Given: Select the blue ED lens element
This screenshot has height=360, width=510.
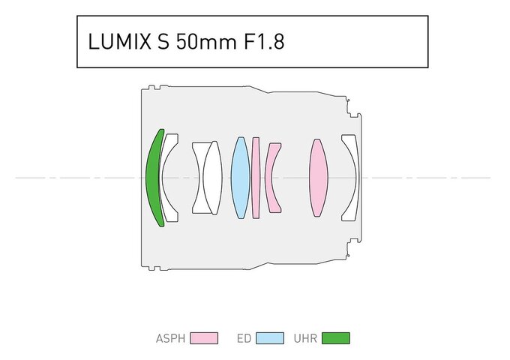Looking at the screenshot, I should coord(240,178).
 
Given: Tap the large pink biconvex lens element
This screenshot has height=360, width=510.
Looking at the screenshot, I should coord(319,178).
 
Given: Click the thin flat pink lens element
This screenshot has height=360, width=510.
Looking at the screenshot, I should coord(256,178).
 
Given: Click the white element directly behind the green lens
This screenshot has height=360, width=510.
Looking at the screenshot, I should coord(169,178).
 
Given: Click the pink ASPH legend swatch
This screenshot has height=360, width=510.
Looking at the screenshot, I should coord(204,338).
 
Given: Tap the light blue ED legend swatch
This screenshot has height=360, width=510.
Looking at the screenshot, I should coord(270,338).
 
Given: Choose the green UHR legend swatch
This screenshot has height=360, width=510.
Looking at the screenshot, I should coord(335,338).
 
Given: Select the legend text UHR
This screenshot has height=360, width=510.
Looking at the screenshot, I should coord(306,338).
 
